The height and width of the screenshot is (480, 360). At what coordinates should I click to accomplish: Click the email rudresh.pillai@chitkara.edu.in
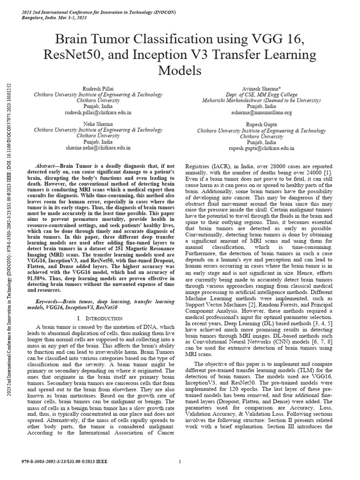pyautogui.click(x=100, y=113)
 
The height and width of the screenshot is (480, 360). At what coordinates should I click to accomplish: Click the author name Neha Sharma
pyautogui.click(x=100, y=124)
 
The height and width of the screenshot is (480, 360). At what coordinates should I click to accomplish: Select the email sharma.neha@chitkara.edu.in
pyautogui.click(x=100, y=148)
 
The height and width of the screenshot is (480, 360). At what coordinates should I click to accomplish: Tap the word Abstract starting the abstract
pyautogui.click(x=47, y=166)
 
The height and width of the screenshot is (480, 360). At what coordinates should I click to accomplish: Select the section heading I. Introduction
pyautogui.click(x=100, y=318)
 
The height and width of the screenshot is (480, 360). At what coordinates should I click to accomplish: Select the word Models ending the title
pyautogui.click(x=180, y=71)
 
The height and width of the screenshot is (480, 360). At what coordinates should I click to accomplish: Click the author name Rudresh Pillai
pyautogui.click(x=100, y=89)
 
